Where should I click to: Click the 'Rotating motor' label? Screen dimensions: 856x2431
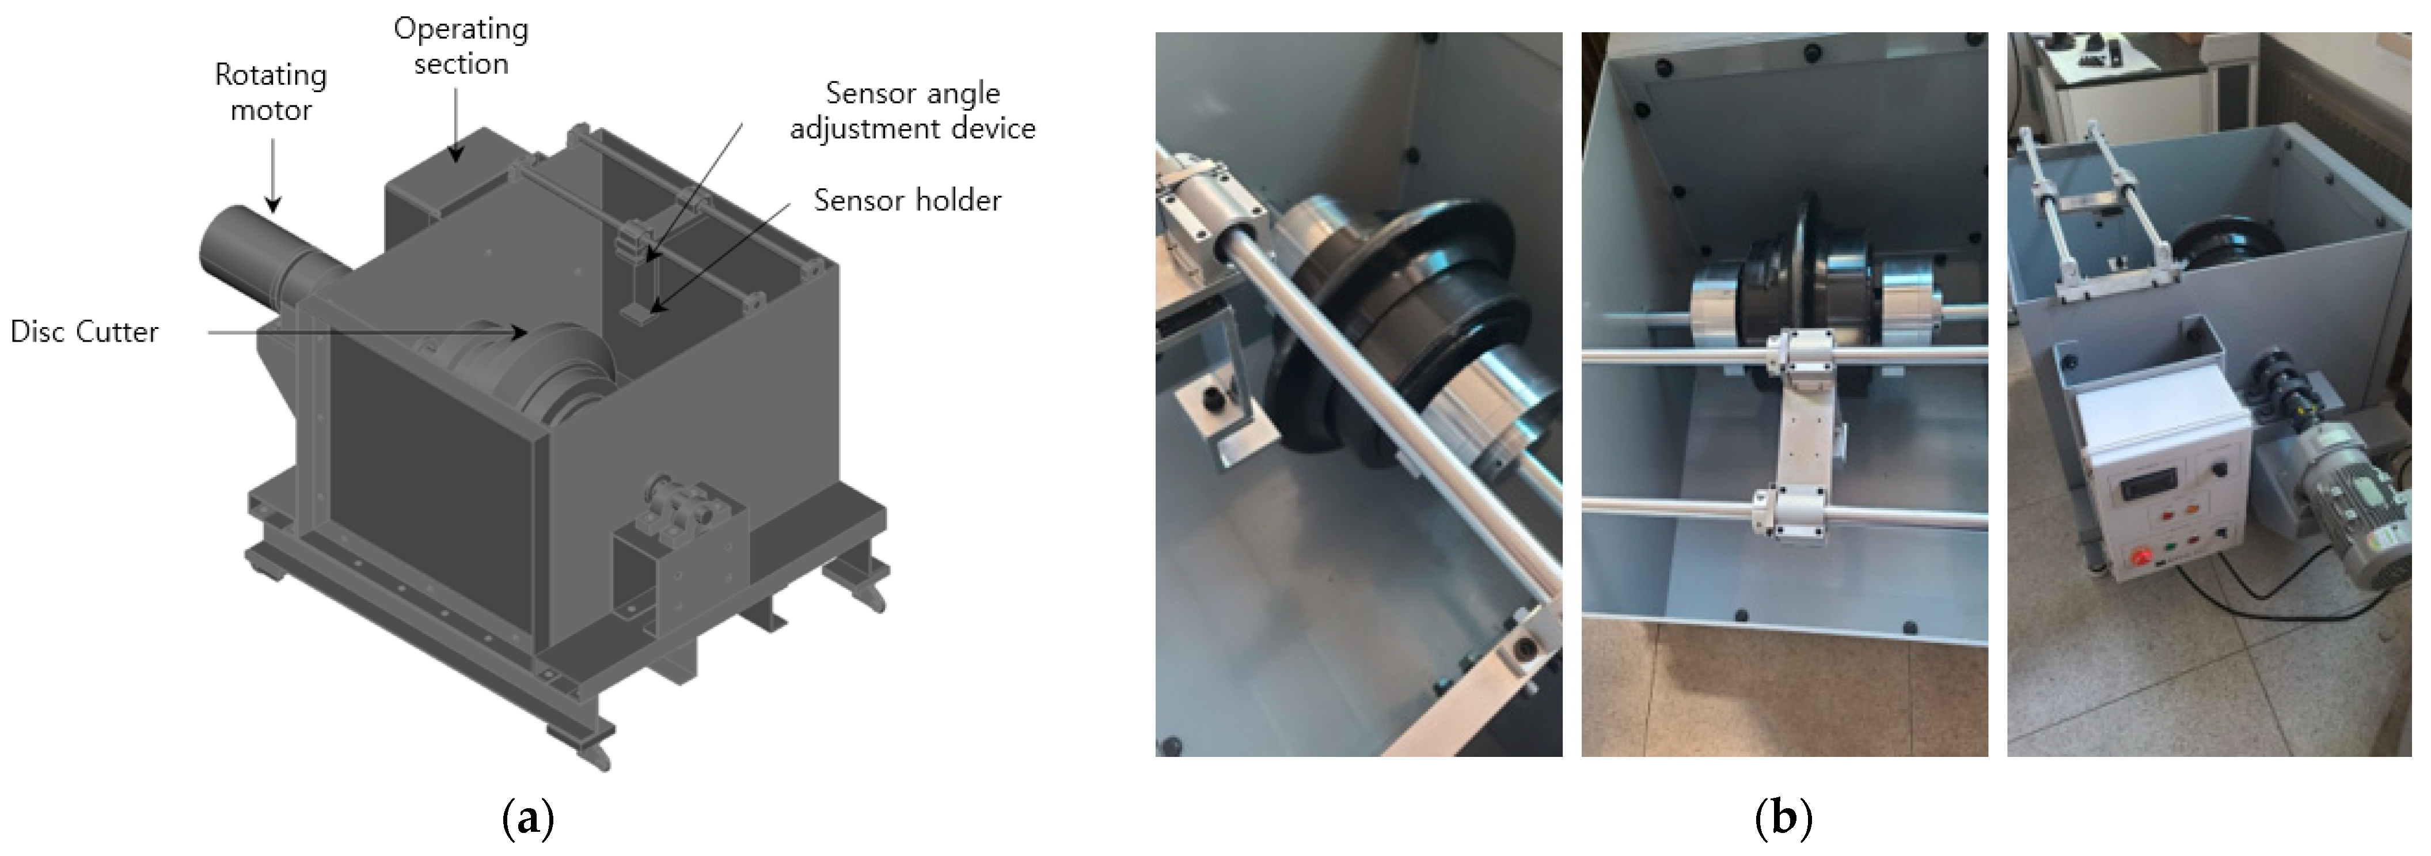click(x=271, y=92)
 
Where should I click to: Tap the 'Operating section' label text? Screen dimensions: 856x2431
click(x=461, y=46)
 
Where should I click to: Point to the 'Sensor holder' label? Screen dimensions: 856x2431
click(x=907, y=200)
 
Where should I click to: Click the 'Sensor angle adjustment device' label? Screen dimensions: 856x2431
click(x=913, y=111)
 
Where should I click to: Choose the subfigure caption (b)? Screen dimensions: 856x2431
click(x=1783, y=817)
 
